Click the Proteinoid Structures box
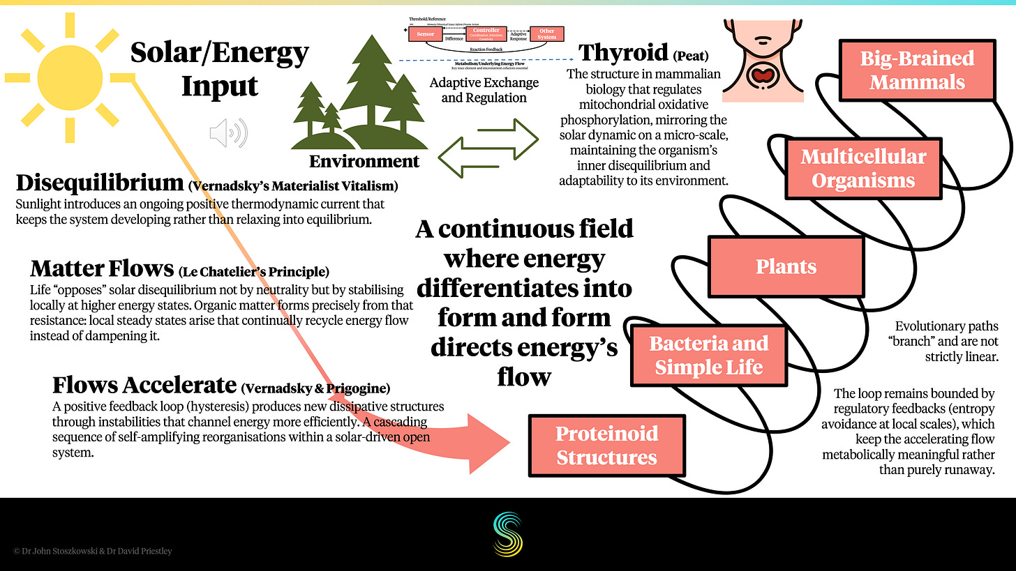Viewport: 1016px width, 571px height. pos(606,446)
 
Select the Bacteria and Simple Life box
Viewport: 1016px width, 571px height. pos(708,356)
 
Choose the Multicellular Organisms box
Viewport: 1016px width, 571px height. pos(863,169)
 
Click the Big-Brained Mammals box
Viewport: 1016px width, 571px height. pos(916,70)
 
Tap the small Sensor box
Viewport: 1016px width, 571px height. pos(425,34)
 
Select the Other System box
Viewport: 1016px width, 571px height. pos(547,34)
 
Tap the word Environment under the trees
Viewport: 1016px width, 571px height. pos(364,162)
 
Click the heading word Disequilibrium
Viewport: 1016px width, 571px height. pos(99,183)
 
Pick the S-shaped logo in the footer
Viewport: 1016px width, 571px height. pos(508,534)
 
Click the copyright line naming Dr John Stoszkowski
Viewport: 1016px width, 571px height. pos(92,551)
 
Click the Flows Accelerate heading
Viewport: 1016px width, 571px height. pos(144,385)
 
